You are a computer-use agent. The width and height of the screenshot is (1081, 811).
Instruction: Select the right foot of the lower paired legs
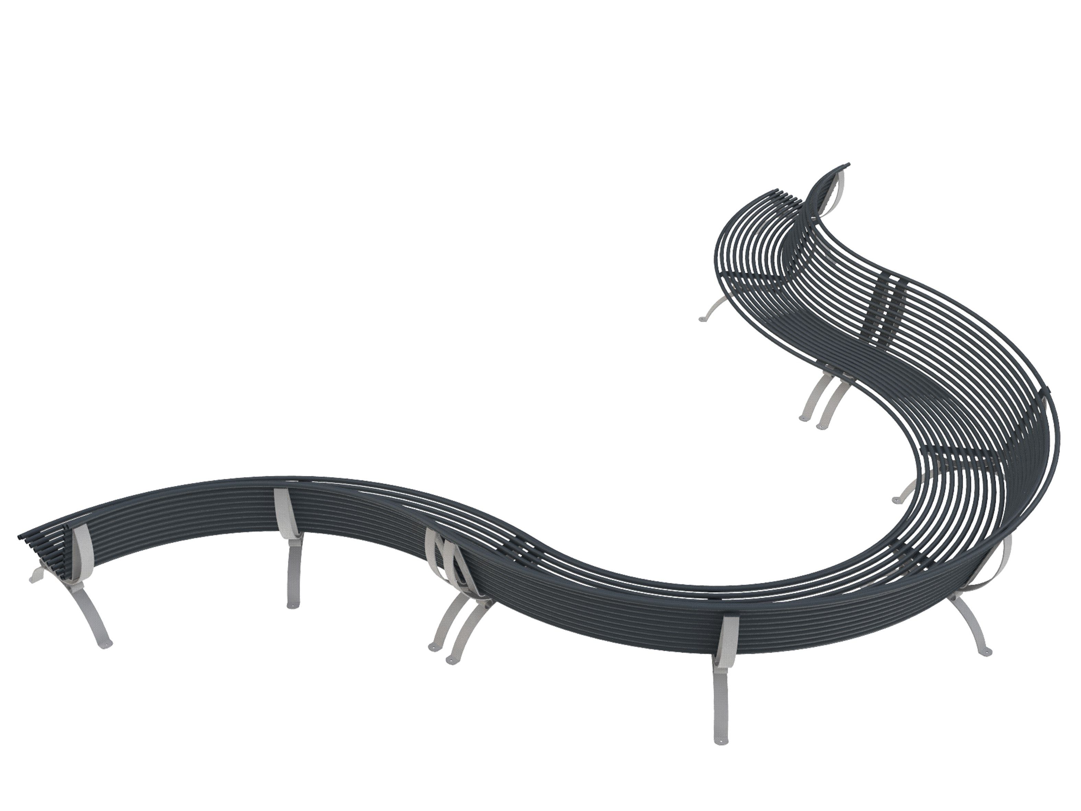click(451, 660)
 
